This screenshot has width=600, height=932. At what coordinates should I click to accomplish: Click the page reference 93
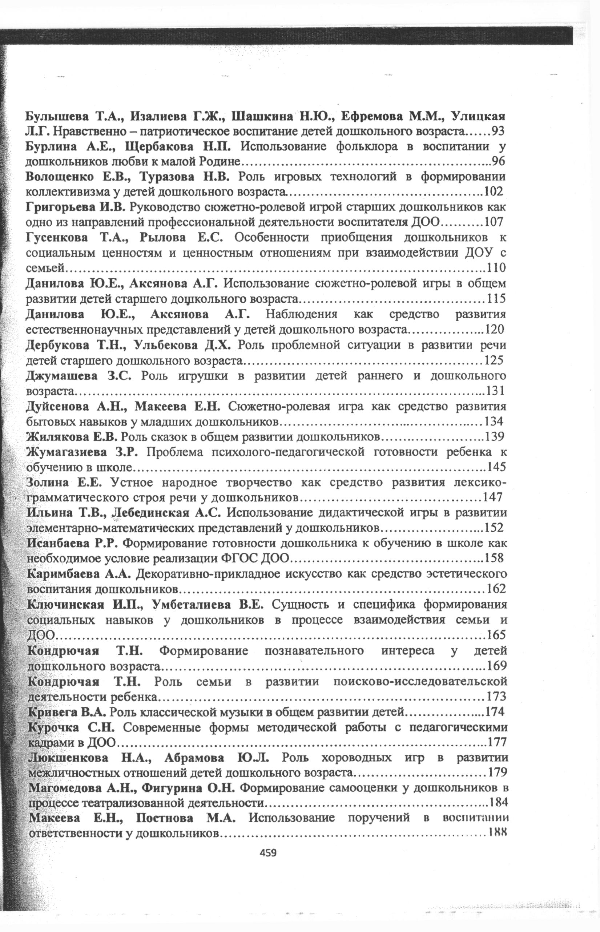tap(498, 131)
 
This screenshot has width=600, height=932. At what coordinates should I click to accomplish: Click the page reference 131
tap(495, 390)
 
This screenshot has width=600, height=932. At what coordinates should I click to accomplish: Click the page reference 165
tap(496, 635)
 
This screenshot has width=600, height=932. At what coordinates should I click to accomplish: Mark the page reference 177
tap(497, 742)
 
